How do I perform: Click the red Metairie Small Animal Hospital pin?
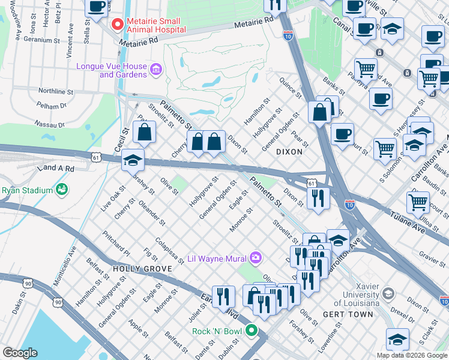[x=117, y=25]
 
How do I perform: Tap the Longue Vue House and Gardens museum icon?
[x=156, y=70]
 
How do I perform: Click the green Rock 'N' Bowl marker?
[x=253, y=331]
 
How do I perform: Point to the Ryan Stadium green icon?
[x=62, y=190]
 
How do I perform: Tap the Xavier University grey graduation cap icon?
[x=388, y=293]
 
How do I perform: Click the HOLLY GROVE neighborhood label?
[x=136, y=269]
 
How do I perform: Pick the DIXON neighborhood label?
[x=289, y=152]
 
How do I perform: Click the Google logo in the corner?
[x=20, y=352]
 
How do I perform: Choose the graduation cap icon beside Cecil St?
[x=133, y=160]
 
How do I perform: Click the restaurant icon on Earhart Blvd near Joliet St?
[x=223, y=296]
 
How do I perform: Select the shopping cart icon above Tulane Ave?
[x=418, y=202]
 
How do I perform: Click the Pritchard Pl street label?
[x=115, y=242]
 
